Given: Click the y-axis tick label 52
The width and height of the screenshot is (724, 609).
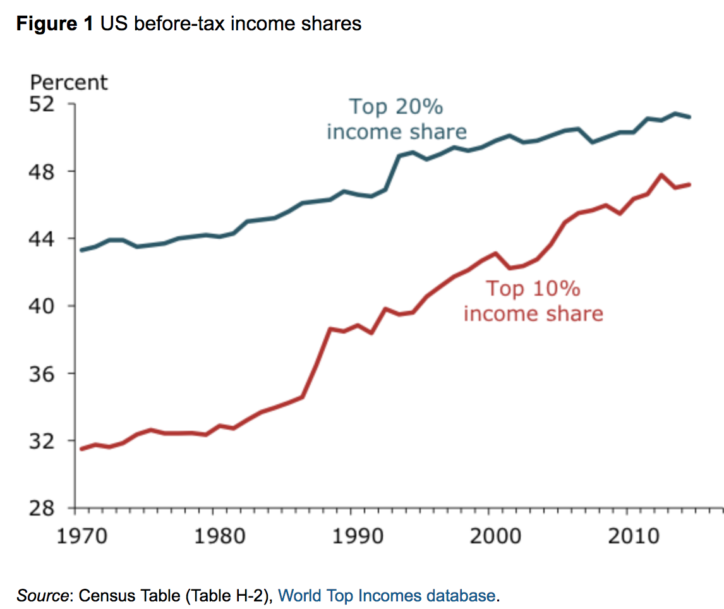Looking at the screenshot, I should pyautogui.click(x=47, y=104).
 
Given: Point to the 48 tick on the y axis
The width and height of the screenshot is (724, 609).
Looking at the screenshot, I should pyautogui.click(x=47, y=171).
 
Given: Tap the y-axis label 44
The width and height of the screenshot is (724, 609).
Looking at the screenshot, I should pyautogui.click(x=47, y=239).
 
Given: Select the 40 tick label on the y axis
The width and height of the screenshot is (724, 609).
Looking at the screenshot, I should pyautogui.click(x=47, y=306).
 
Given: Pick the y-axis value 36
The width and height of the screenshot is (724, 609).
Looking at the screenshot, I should pyautogui.click(x=47, y=373).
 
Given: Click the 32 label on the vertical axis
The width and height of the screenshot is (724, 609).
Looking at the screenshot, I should pyautogui.click(x=47, y=440).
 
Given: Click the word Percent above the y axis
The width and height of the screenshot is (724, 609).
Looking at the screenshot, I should pyautogui.click(x=69, y=83).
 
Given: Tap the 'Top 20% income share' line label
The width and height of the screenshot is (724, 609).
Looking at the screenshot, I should pyautogui.click(x=396, y=119).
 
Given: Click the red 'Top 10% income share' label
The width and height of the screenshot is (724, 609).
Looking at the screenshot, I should pyautogui.click(x=533, y=301).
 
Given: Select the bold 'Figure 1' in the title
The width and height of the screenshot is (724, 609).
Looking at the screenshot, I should pyautogui.click(x=55, y=24).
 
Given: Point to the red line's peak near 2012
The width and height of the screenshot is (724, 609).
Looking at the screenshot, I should pyautogui.click(x=661, y=174).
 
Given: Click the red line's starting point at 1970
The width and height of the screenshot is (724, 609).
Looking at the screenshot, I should pyautogui.click(x=81, y=449).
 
